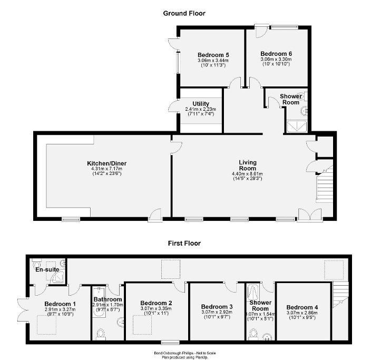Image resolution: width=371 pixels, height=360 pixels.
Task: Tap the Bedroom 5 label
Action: click(x=212, y=54)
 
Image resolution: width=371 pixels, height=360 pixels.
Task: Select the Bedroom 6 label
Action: click(x=276, y=54)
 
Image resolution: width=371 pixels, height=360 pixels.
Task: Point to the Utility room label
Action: click(x=201, y=104)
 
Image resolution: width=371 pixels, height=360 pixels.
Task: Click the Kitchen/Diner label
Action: click(x=107, y=163)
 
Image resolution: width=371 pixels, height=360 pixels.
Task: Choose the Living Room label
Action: click(x=247, y=165)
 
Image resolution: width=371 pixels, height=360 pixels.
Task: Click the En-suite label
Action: click(x=46, y=269)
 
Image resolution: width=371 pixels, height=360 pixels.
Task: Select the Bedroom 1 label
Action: click(x=60, y=304)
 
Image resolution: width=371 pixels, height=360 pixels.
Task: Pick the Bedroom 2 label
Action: click(x=156, y=303)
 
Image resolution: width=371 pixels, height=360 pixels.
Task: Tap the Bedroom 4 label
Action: click(x=302, y=307)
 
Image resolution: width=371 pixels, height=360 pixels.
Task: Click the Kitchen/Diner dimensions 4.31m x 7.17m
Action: click(x=107, y=169)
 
